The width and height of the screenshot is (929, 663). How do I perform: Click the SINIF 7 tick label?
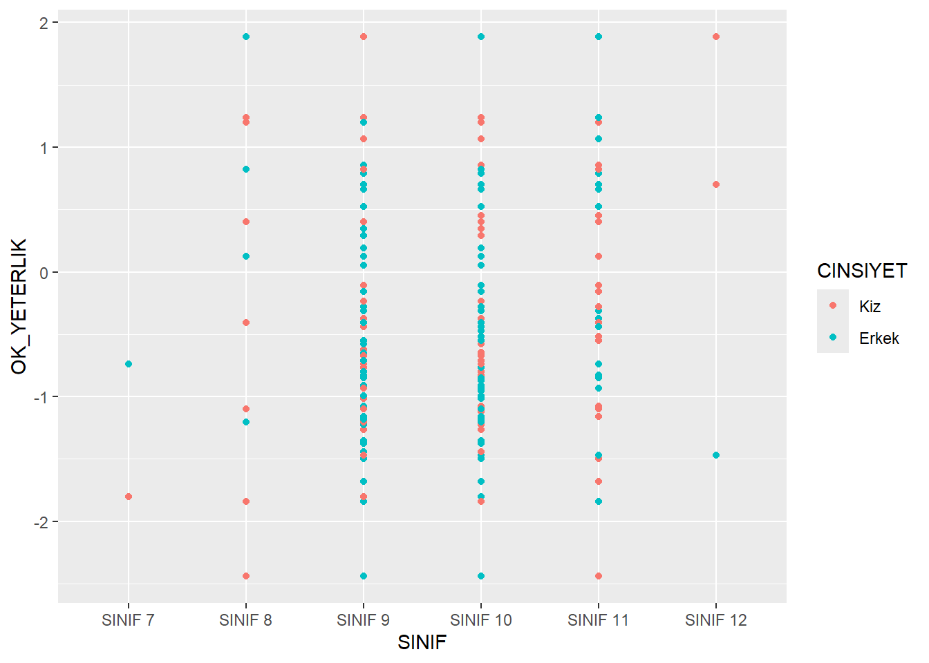[x=128, y=620]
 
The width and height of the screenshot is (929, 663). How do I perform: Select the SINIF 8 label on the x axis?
[x=245, y=620]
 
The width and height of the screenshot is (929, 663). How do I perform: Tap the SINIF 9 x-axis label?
[x=363, y=620]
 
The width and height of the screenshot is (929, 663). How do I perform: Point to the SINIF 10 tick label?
[x=481, y=620]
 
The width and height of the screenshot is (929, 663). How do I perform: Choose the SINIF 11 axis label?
[x=598, y=620]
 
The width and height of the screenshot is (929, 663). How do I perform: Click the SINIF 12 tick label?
[x=716, y=620]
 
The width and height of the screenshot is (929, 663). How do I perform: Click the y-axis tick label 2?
[x=44, y=23]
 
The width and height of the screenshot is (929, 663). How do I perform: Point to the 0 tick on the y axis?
[x=44, y=273]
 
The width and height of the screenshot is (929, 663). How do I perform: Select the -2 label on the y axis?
[x=41, y=522]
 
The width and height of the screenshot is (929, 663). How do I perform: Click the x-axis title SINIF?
[x=422, y=642]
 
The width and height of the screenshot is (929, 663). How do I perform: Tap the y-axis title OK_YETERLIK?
[x=19, y=306]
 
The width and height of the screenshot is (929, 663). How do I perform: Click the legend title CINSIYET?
[x=861, y=271]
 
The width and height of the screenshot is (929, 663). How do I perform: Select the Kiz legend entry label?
[x=870, y=307]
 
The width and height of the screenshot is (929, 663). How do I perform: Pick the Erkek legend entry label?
[x=879, y=338]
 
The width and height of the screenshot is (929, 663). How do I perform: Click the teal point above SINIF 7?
[x=129, y=364]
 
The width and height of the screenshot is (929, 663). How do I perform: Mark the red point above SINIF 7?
[x=129, y=497]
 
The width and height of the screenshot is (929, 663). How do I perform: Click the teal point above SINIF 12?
[x=716, y=455]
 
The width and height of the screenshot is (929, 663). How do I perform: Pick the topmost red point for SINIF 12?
[x=716, y=37]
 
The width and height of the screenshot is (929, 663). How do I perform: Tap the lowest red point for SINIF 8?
[x=246, y=576]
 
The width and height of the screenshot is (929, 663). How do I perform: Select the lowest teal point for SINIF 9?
[x=364, y=576]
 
